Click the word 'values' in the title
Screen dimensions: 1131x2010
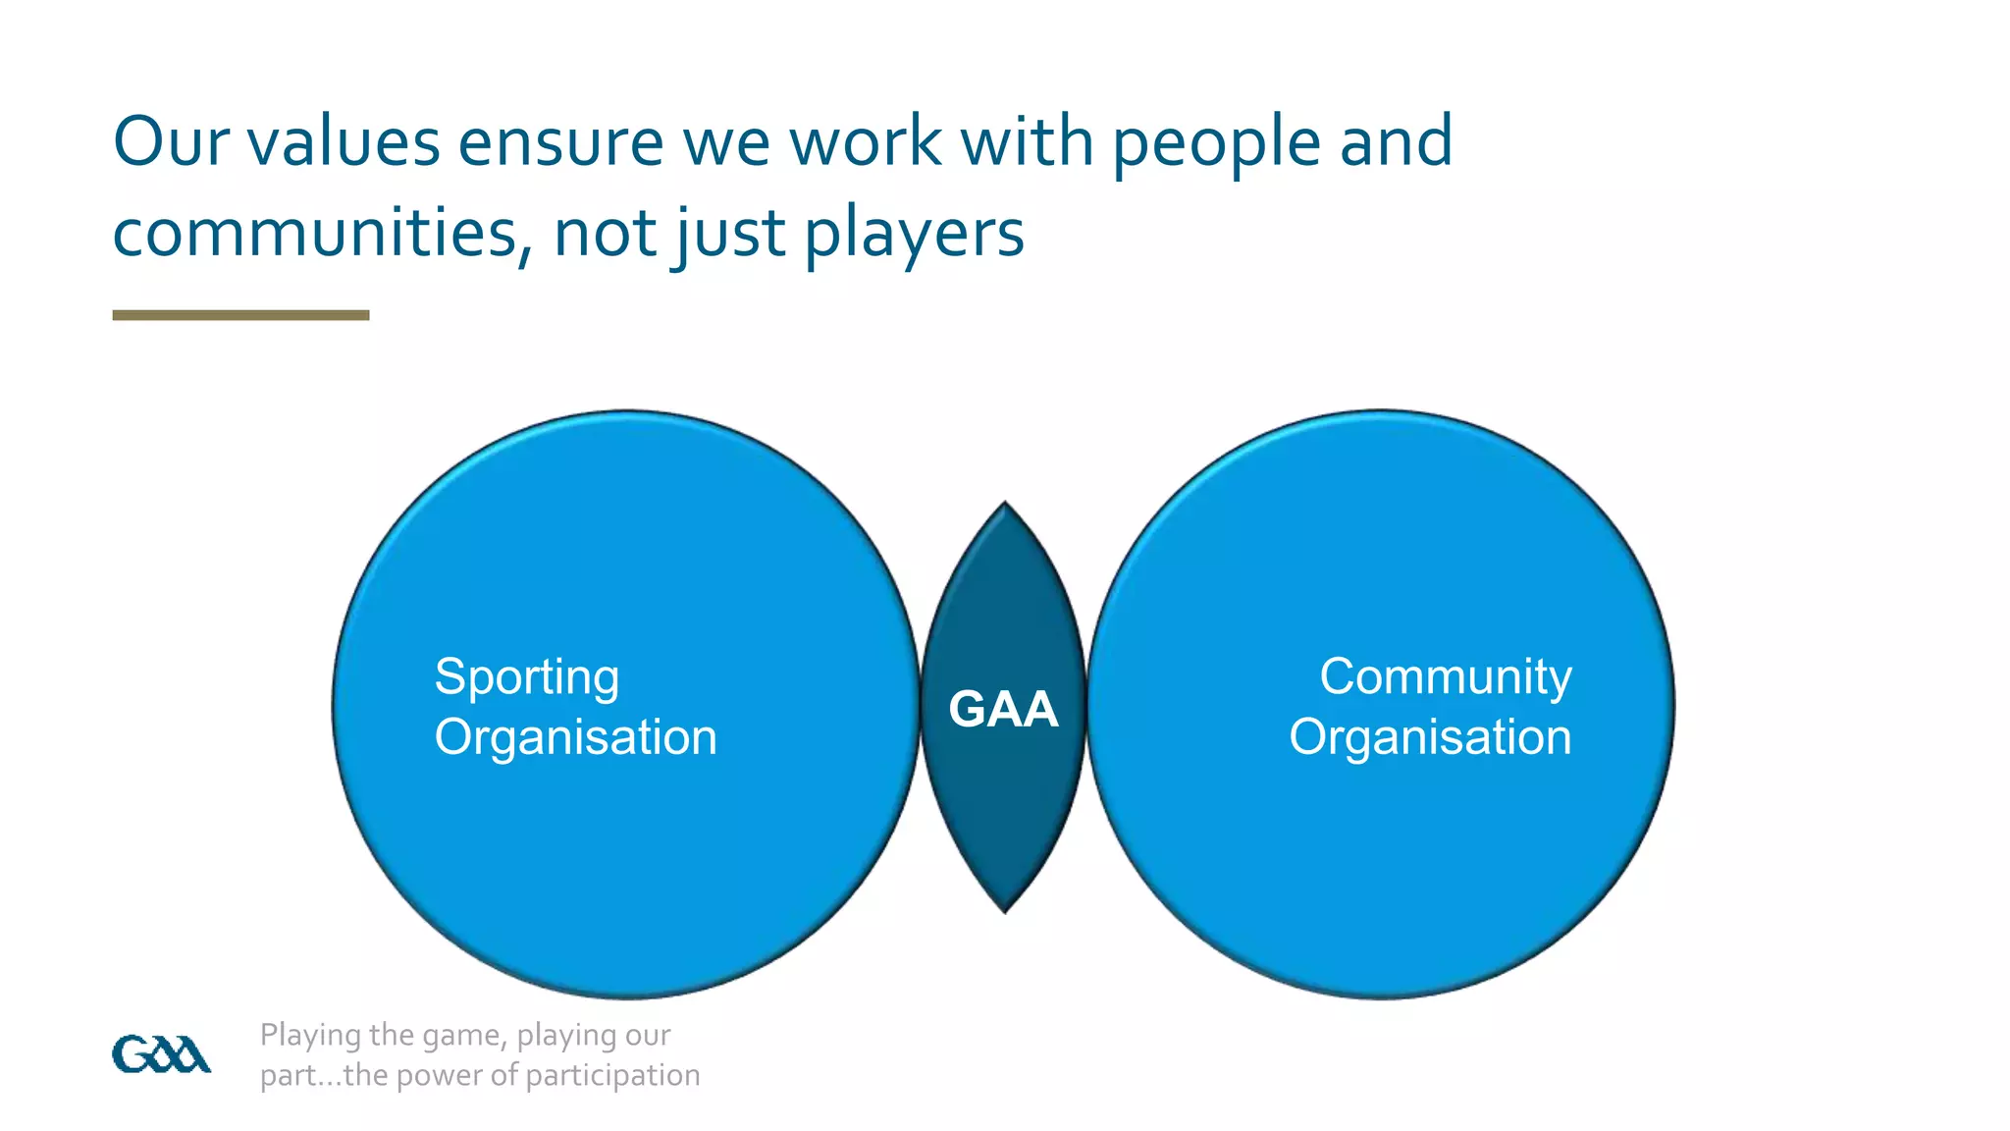[343, 142]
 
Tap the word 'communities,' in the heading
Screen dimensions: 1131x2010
[323, 234]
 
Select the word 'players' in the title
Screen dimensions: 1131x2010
[914, 234]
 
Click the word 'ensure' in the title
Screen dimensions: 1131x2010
[561, 142]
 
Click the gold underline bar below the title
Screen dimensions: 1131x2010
[240, 315]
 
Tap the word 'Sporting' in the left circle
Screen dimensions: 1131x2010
[527, 676]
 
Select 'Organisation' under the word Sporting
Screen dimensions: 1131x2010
[576, 737]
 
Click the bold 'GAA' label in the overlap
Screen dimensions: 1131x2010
[1003, 709]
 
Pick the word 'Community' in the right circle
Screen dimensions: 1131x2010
[1445, 676]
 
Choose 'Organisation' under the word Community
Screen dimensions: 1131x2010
[1430, 737]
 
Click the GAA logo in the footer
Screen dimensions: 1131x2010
[161, 1054]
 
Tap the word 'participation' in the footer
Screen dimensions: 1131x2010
[612, 1075]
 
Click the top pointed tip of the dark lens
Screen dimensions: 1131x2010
[1004, 505]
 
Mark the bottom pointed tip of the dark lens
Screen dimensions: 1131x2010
[1004, 911]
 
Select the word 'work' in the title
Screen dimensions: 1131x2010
[865, 142]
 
